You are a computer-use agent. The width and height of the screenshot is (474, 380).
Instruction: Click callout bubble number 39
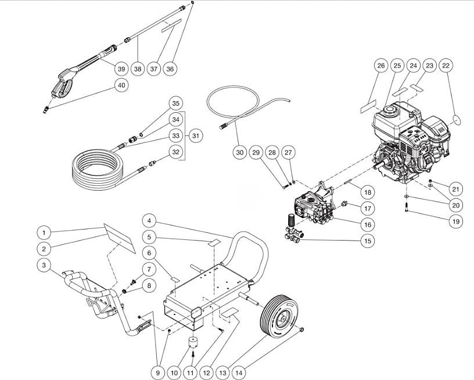(x=121, y=69)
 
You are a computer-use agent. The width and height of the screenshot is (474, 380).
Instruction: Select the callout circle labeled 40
(x=121, y=85)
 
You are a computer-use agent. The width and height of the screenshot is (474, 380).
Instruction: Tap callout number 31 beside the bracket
(x=196, y=135)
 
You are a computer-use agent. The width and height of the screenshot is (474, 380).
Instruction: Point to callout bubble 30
(x=239, y=152)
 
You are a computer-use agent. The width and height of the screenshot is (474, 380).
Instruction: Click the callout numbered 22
(x=446, y=66)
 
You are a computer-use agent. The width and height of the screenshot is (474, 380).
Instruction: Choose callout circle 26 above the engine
(x=380, y=66)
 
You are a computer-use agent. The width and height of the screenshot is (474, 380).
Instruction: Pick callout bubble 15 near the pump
(x=366, y=241)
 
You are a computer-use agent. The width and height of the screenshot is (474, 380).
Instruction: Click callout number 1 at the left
(x=43, y=232)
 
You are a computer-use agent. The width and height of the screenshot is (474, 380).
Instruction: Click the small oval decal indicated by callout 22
(x=456, y=119)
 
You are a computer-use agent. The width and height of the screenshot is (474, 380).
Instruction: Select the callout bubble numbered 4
(x=149, y=221)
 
